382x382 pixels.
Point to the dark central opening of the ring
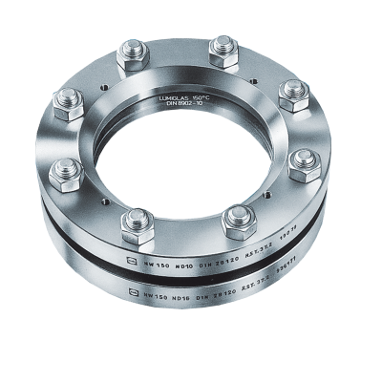pos(182,158)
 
